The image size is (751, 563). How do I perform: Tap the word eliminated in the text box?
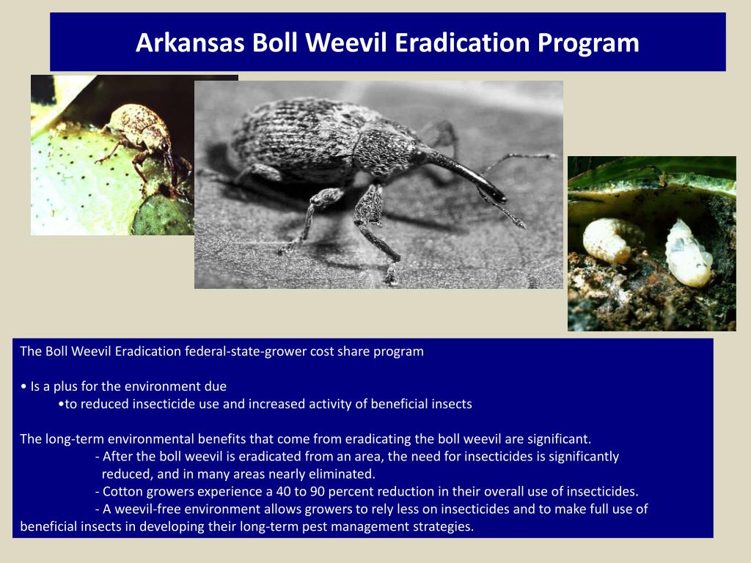(340, 474)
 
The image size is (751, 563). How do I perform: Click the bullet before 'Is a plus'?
(24, 386)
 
